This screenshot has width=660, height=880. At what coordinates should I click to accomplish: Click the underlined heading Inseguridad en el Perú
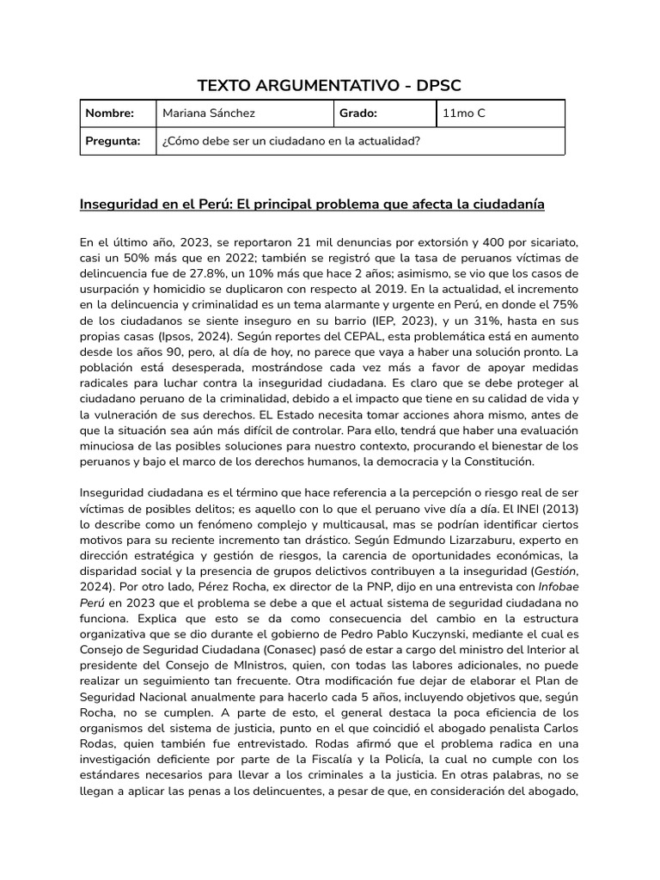(x=312, y=205)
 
